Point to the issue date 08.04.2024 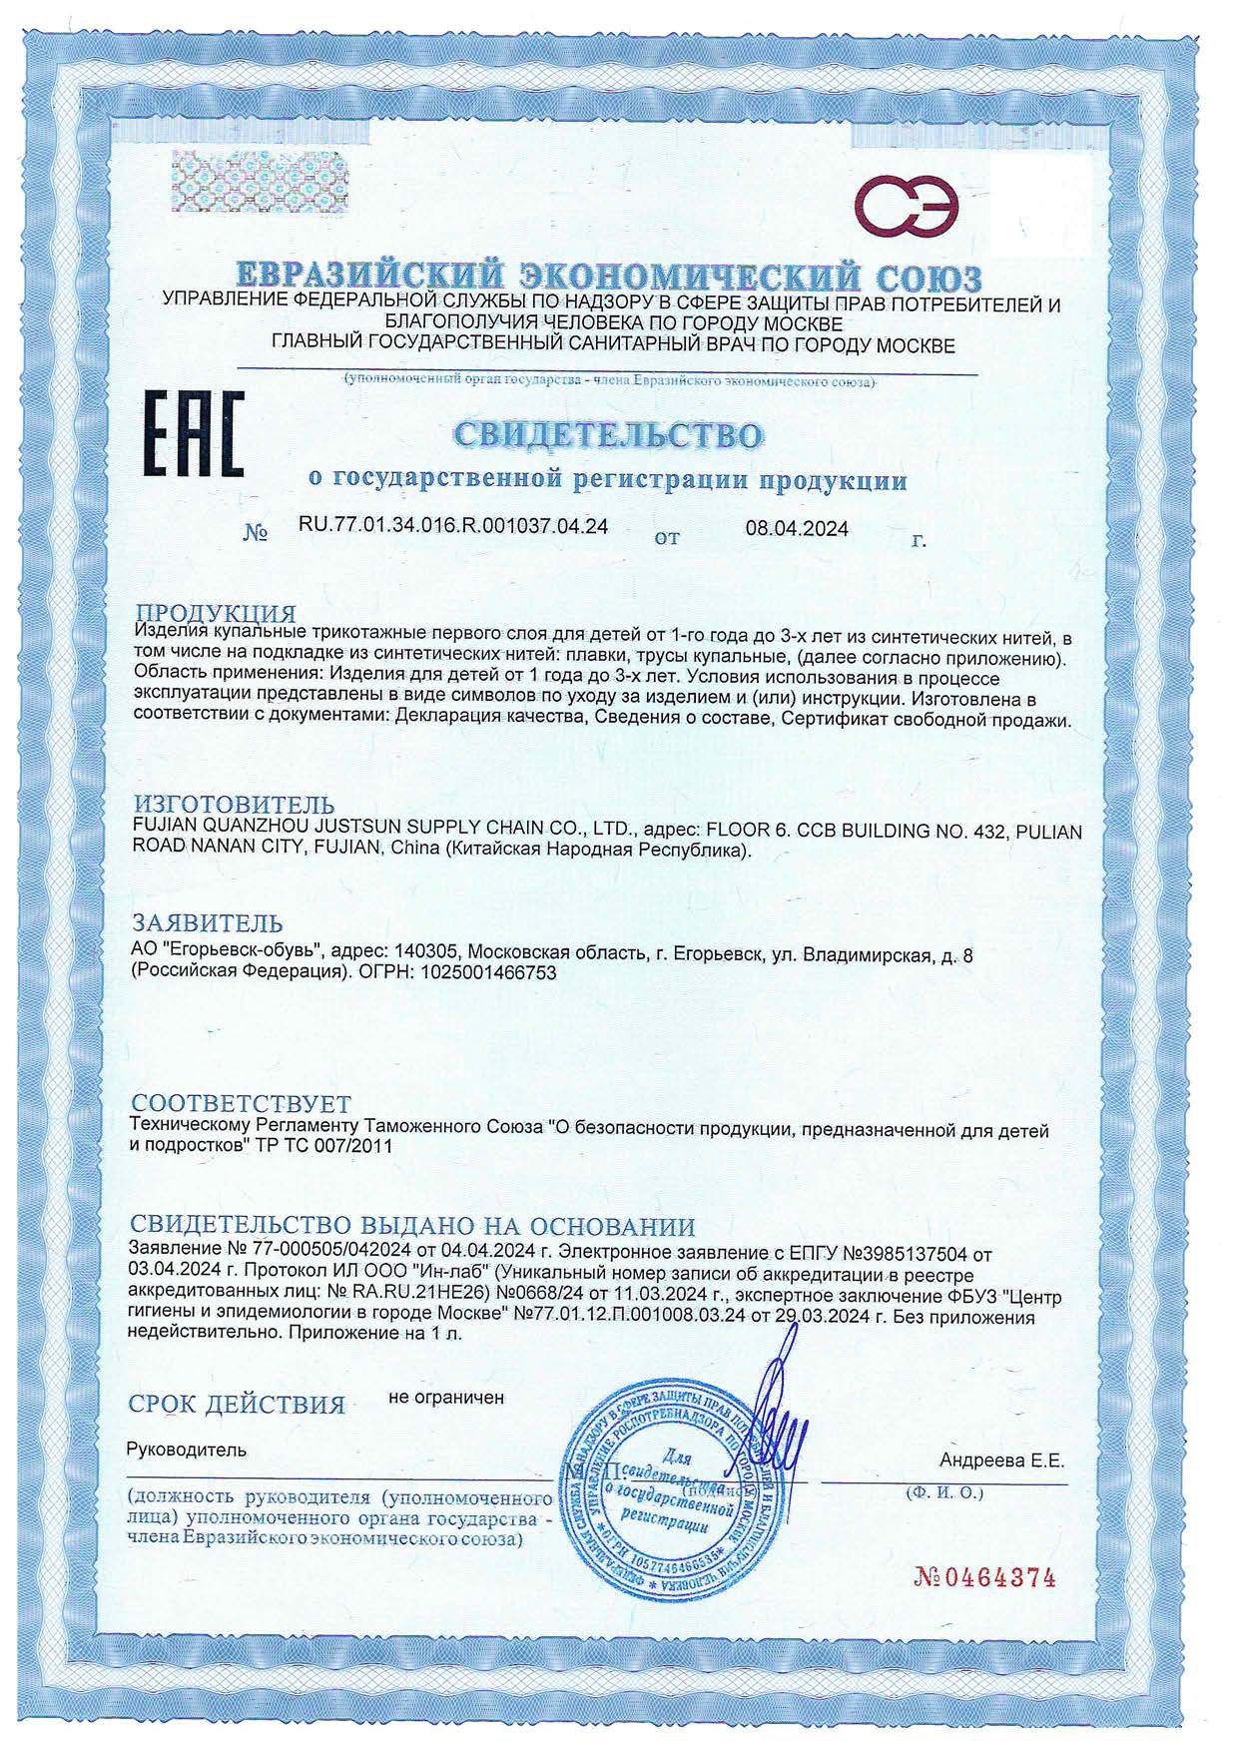[x=797, y=529]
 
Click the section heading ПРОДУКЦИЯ [x=216, y=612]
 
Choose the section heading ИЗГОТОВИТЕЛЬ [x=234, y=804]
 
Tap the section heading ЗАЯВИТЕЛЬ [x=208, y=922]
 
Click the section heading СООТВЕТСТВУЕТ [x=242, y=1104]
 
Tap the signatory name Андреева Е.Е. [x=1001, y=1460]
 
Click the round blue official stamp [x=668, y=1485]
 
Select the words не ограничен [x=446, y=1398]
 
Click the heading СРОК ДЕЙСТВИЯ [x=238, y=1405]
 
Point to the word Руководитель [x=187, y=1450]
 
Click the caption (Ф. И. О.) [x=943, y=1493]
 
